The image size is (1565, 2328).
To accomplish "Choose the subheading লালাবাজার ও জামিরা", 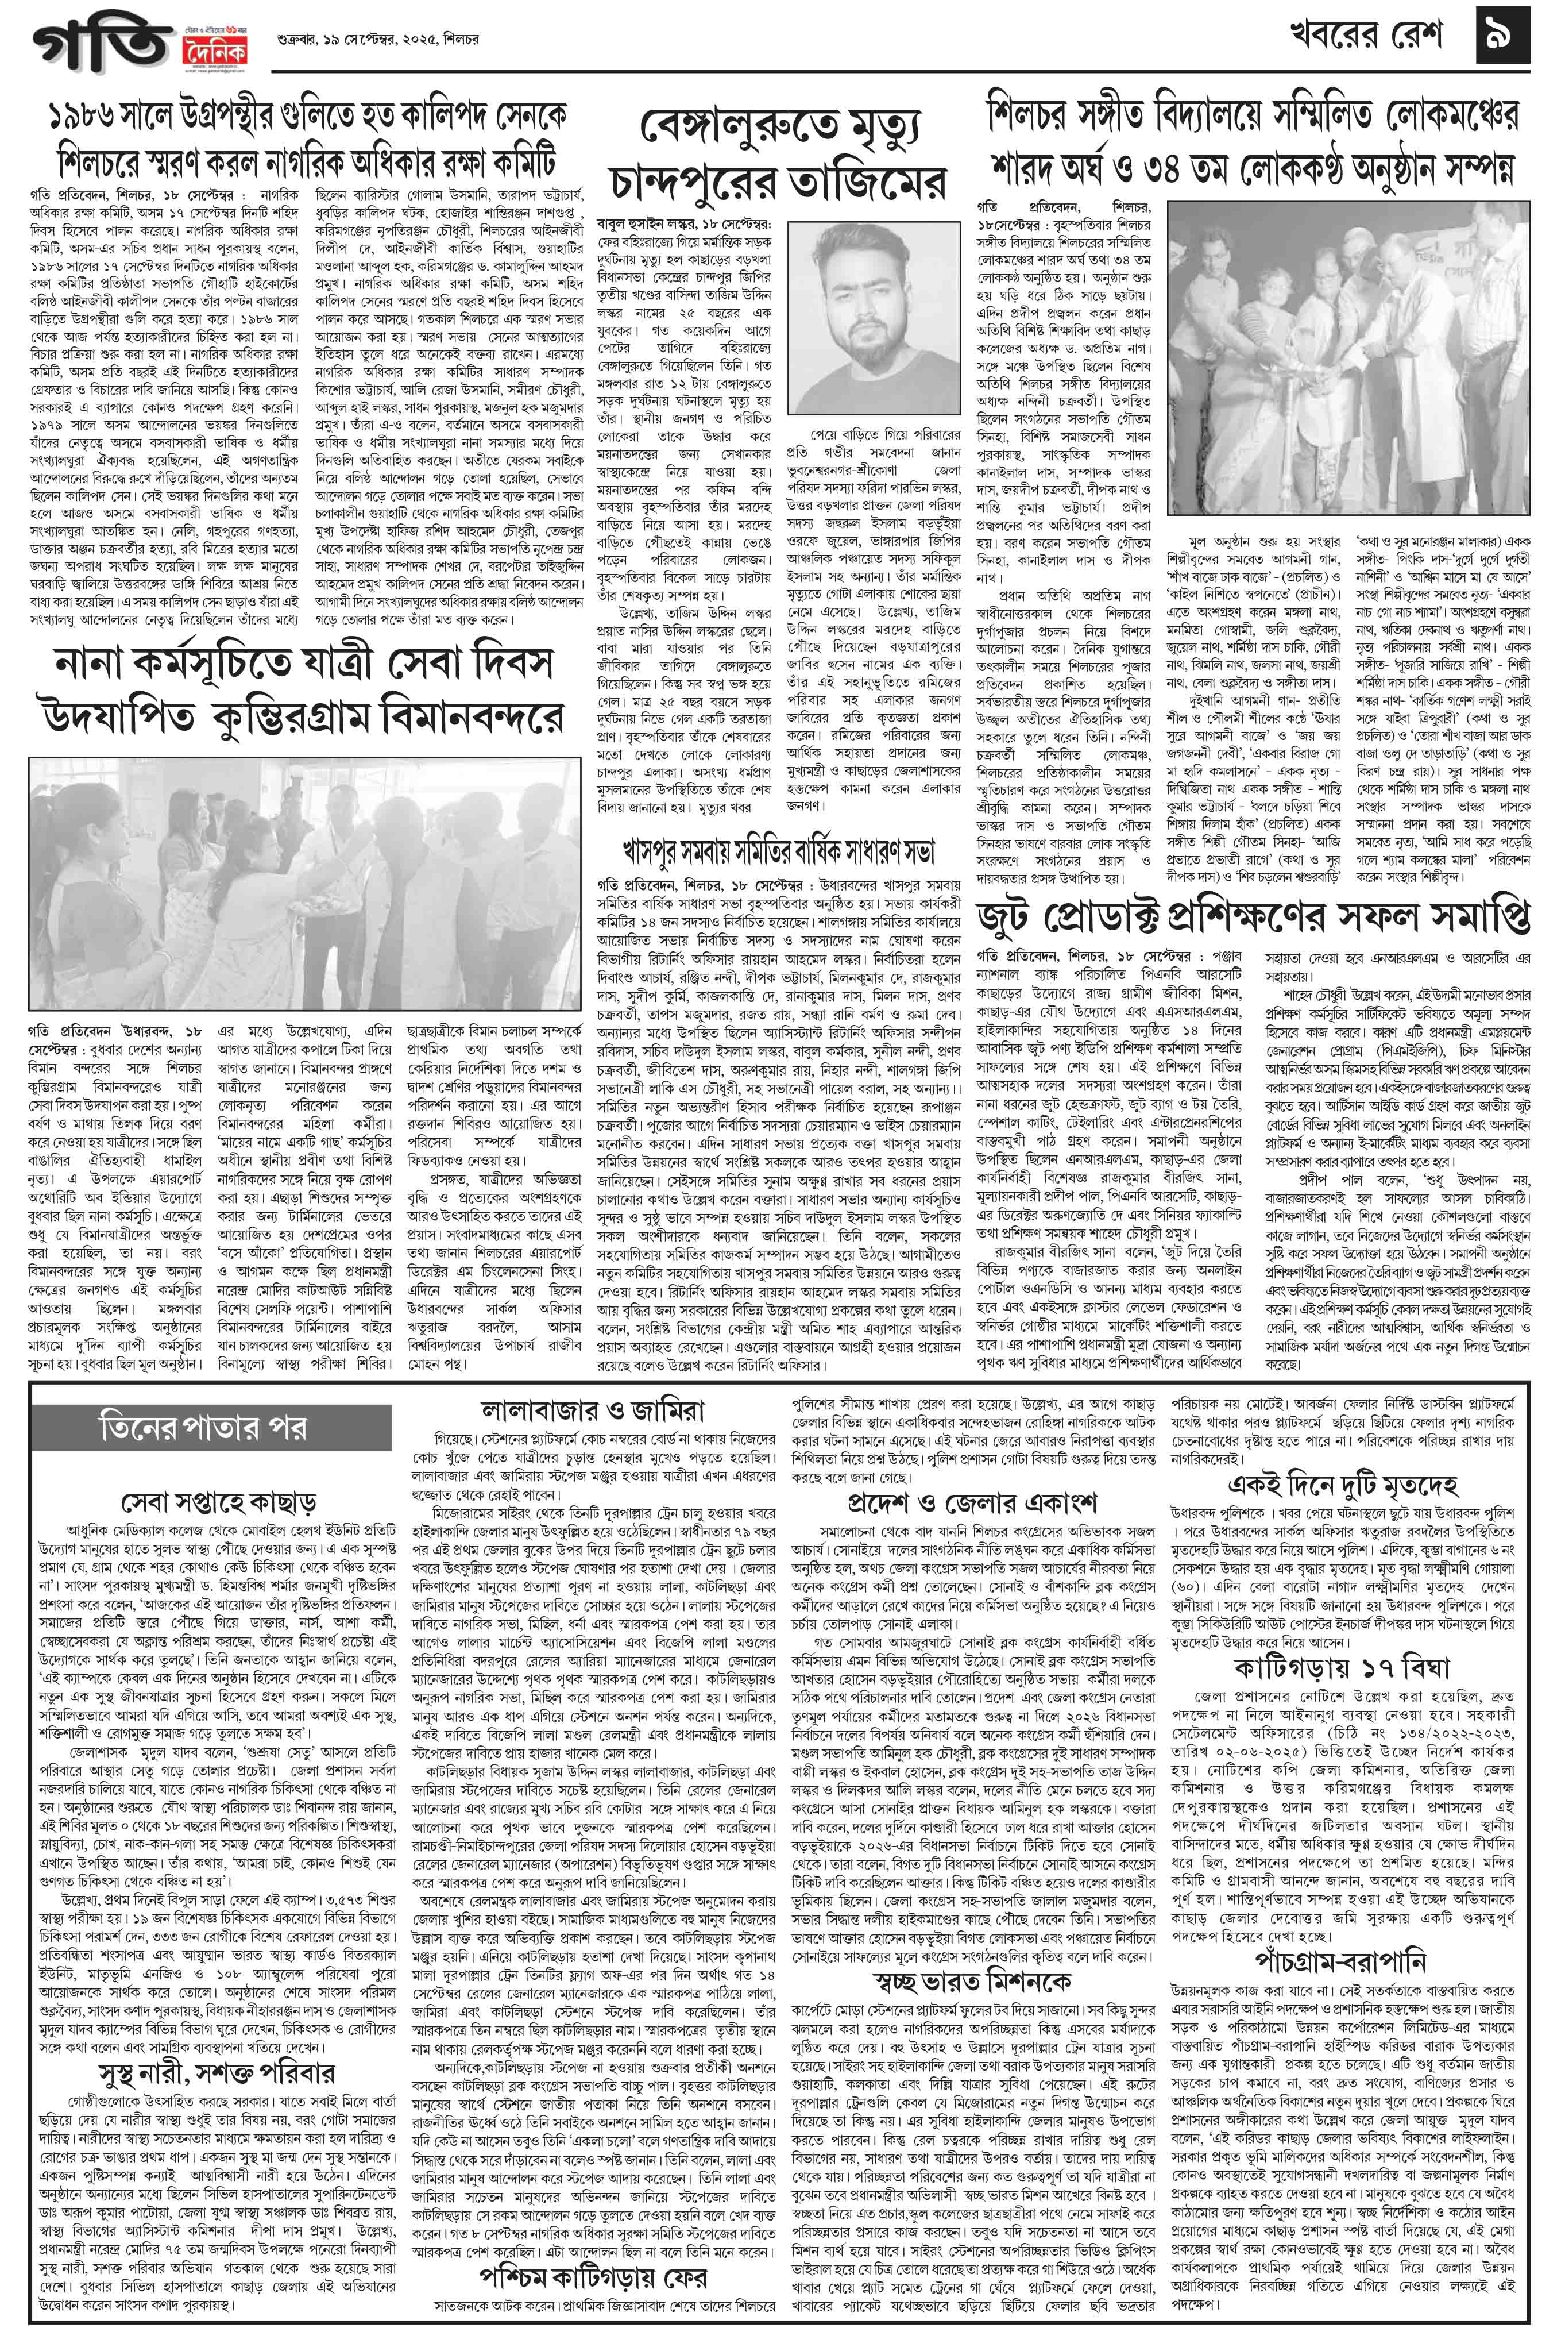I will (592, 1409).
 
